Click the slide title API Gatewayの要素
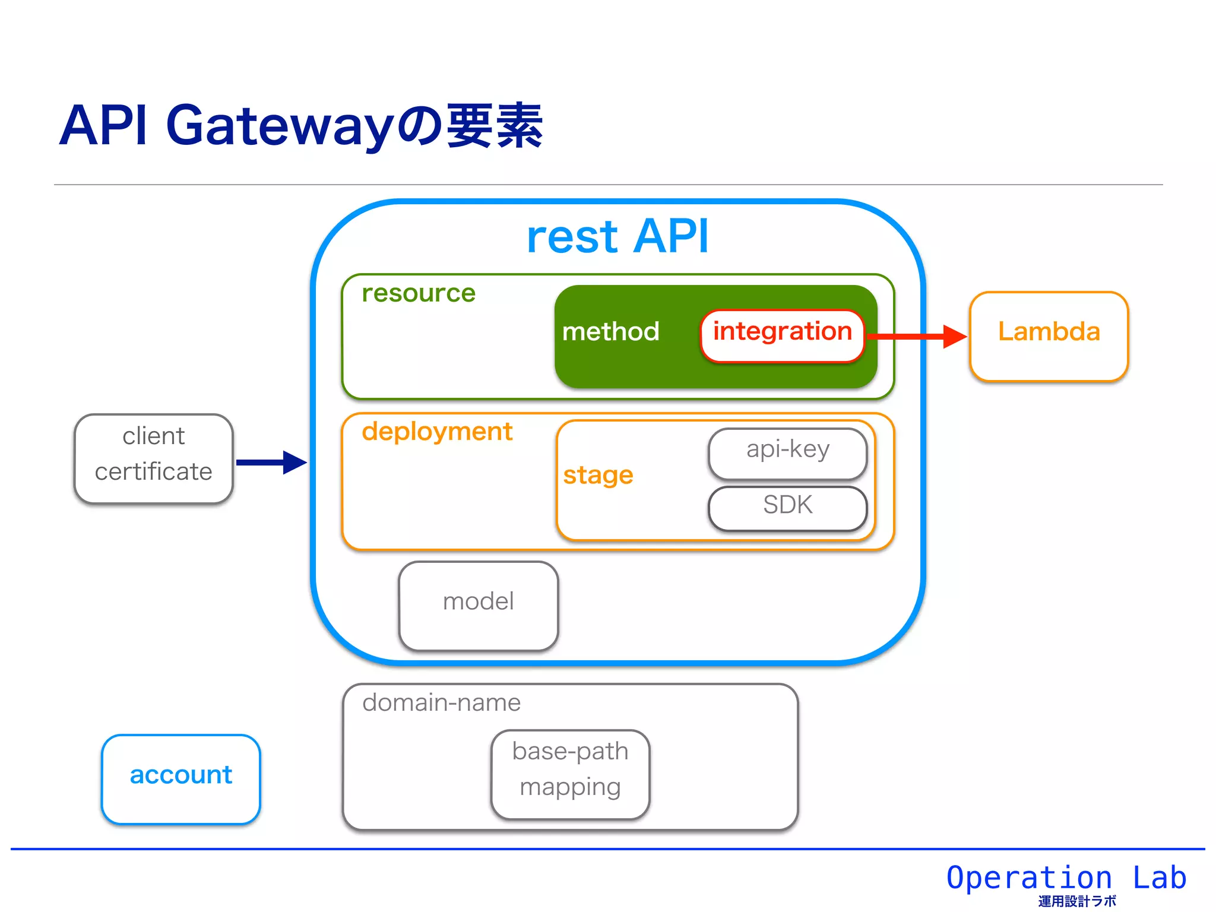pos(300,126)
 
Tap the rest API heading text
pos(617,236)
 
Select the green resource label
pos(419,293)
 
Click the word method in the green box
pos(610,331)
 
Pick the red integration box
pos(782,335)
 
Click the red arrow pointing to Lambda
pos(914,337)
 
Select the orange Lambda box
pos(1049,336)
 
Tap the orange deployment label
pos(437,432)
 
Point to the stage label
pos(598,475)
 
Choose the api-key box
pos(787,452)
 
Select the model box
pos(479,605)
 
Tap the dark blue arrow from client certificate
pos(270,462)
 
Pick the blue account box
pos(180,778)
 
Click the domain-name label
pos(441,703)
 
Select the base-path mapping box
pos(570,774)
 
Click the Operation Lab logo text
pos(1066,878)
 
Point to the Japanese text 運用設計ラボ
pos(1077,901)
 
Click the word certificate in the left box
pos(153,472)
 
